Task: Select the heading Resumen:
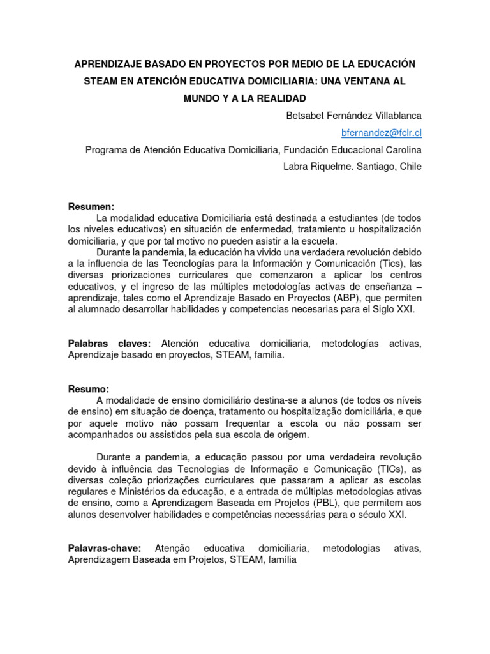point(91,207)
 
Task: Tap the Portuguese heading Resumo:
point(89,389)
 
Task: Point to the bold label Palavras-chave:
point(104,549)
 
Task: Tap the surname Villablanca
point(395,116)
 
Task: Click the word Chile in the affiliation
point(409,166)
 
